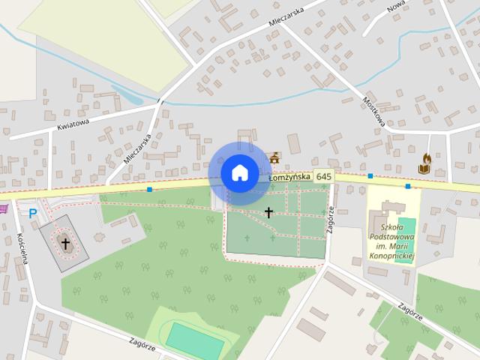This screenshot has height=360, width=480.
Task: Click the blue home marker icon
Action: click(239, 173)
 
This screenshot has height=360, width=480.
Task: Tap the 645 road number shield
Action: click(323, 176)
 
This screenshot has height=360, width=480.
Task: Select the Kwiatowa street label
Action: click(73, 121)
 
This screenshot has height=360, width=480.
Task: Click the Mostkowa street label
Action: click(373, 112)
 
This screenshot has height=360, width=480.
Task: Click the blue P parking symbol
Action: click(32, 214)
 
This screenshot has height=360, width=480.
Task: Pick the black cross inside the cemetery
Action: click(268, 213)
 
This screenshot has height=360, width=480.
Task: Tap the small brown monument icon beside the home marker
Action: click(274, 158)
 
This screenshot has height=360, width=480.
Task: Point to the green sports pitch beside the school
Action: click(405, 229)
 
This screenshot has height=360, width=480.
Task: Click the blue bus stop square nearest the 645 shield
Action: click(370, 176)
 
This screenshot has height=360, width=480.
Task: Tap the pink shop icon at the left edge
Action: click(3, 208)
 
